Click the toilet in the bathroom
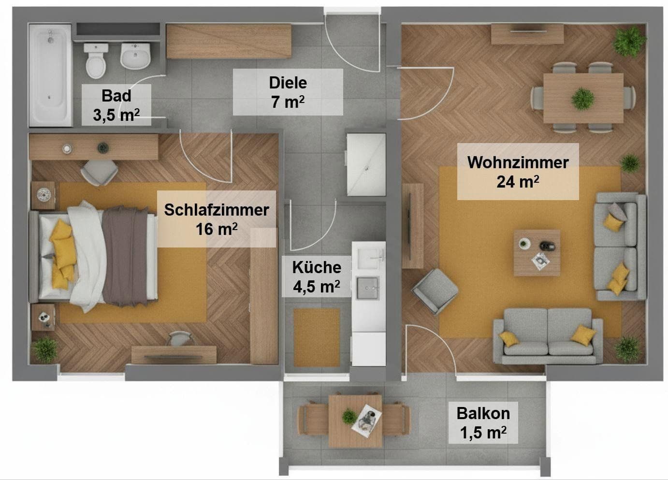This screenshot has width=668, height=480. coord(95,61)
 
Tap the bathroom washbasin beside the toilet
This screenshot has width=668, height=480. coord(135,56)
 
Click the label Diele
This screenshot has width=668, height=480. coord(288,83)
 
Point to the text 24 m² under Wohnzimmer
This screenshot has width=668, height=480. coord(518,182)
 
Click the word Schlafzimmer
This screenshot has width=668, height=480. coord(216,210)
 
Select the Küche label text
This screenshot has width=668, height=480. coord(317,267)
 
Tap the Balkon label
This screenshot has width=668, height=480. coord(483,413)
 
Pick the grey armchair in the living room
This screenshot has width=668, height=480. coord(435,291)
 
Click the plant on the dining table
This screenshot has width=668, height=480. coord(582,98)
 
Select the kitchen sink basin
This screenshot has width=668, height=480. coord(368,289)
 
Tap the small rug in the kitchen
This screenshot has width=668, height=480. coord(317,337)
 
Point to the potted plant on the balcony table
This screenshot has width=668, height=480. coord(349,416)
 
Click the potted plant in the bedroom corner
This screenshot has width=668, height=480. coord(45,349)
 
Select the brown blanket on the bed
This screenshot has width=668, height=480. coord(125,256)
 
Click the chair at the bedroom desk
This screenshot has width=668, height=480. coord(99,172)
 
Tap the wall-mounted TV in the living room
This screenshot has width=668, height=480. coord(409,225)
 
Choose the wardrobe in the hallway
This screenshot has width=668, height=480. coord(229,41)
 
